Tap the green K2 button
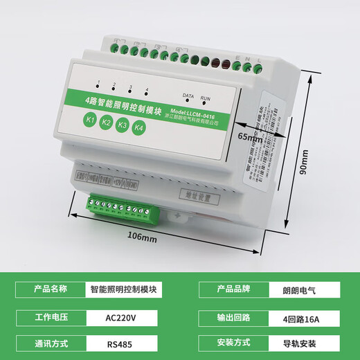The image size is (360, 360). [106, 123]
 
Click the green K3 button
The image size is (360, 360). [123, 125]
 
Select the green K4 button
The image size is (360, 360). [139, 128]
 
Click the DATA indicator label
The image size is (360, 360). [188, 94]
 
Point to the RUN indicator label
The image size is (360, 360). [205, 98]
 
